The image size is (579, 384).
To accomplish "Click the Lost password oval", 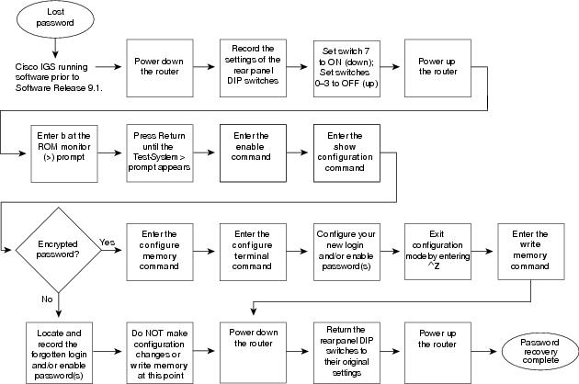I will pos(55,18).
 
